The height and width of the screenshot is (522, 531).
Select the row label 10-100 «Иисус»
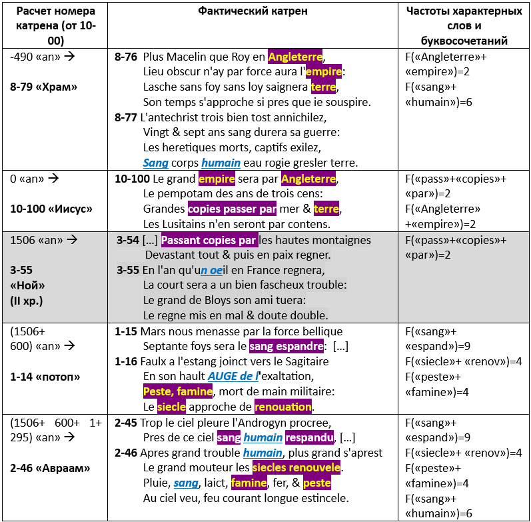51,209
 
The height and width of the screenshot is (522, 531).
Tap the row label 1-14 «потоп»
45,377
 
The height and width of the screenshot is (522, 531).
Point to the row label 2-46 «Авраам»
50,467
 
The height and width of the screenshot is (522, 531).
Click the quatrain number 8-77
127,117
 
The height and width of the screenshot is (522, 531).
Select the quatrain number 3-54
128,240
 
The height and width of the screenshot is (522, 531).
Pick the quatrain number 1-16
127,361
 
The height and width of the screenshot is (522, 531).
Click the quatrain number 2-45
127,423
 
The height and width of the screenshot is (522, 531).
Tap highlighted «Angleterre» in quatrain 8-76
295,57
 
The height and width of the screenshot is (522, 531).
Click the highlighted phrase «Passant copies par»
209,240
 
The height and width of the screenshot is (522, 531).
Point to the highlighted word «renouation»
283,407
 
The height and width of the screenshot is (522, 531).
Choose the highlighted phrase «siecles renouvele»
298,468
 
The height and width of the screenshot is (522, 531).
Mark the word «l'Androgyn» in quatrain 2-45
267,423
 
